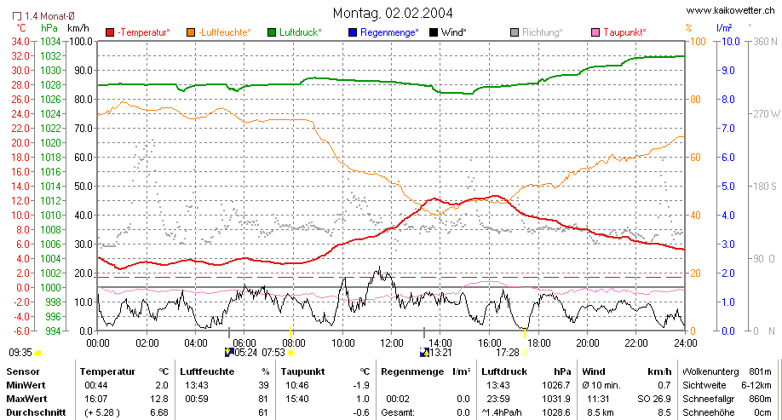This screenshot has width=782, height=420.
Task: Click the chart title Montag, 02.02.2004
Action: pos(393,13)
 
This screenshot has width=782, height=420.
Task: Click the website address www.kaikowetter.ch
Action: pos(731,10)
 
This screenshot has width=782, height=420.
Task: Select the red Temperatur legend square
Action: pos(110,32)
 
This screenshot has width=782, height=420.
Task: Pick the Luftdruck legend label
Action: pos(300,32)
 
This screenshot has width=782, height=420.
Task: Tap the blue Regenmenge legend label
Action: pos(389,32)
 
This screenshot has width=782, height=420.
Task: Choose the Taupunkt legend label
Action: pos(624,32)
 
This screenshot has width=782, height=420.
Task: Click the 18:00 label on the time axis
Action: pos(539,343)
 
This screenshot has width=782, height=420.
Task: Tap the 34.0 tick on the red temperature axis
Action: pos(20,42)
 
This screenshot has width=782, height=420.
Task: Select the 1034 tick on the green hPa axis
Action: pos(50,42)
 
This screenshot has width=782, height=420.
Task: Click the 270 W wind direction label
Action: pos(766,113)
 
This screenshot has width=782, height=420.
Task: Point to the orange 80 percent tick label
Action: pos(695,100)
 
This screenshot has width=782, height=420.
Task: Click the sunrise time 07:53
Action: pos(273,353)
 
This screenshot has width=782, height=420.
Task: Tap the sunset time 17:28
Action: pos(508,353)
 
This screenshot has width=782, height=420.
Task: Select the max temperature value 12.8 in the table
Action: pos(162,399)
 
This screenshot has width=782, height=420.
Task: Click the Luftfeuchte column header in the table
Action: pos(207,371)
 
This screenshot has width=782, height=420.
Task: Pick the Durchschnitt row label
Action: pos(36,412)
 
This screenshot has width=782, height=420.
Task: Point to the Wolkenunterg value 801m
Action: pos(760,371)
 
